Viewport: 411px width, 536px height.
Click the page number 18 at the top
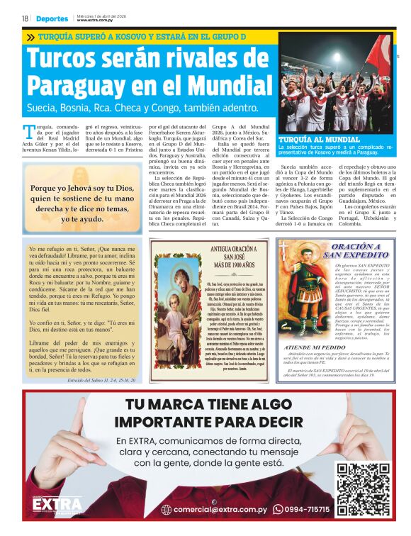click(x=25, y=18)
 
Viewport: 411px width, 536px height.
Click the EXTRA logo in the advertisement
click(x=54, y=503)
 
